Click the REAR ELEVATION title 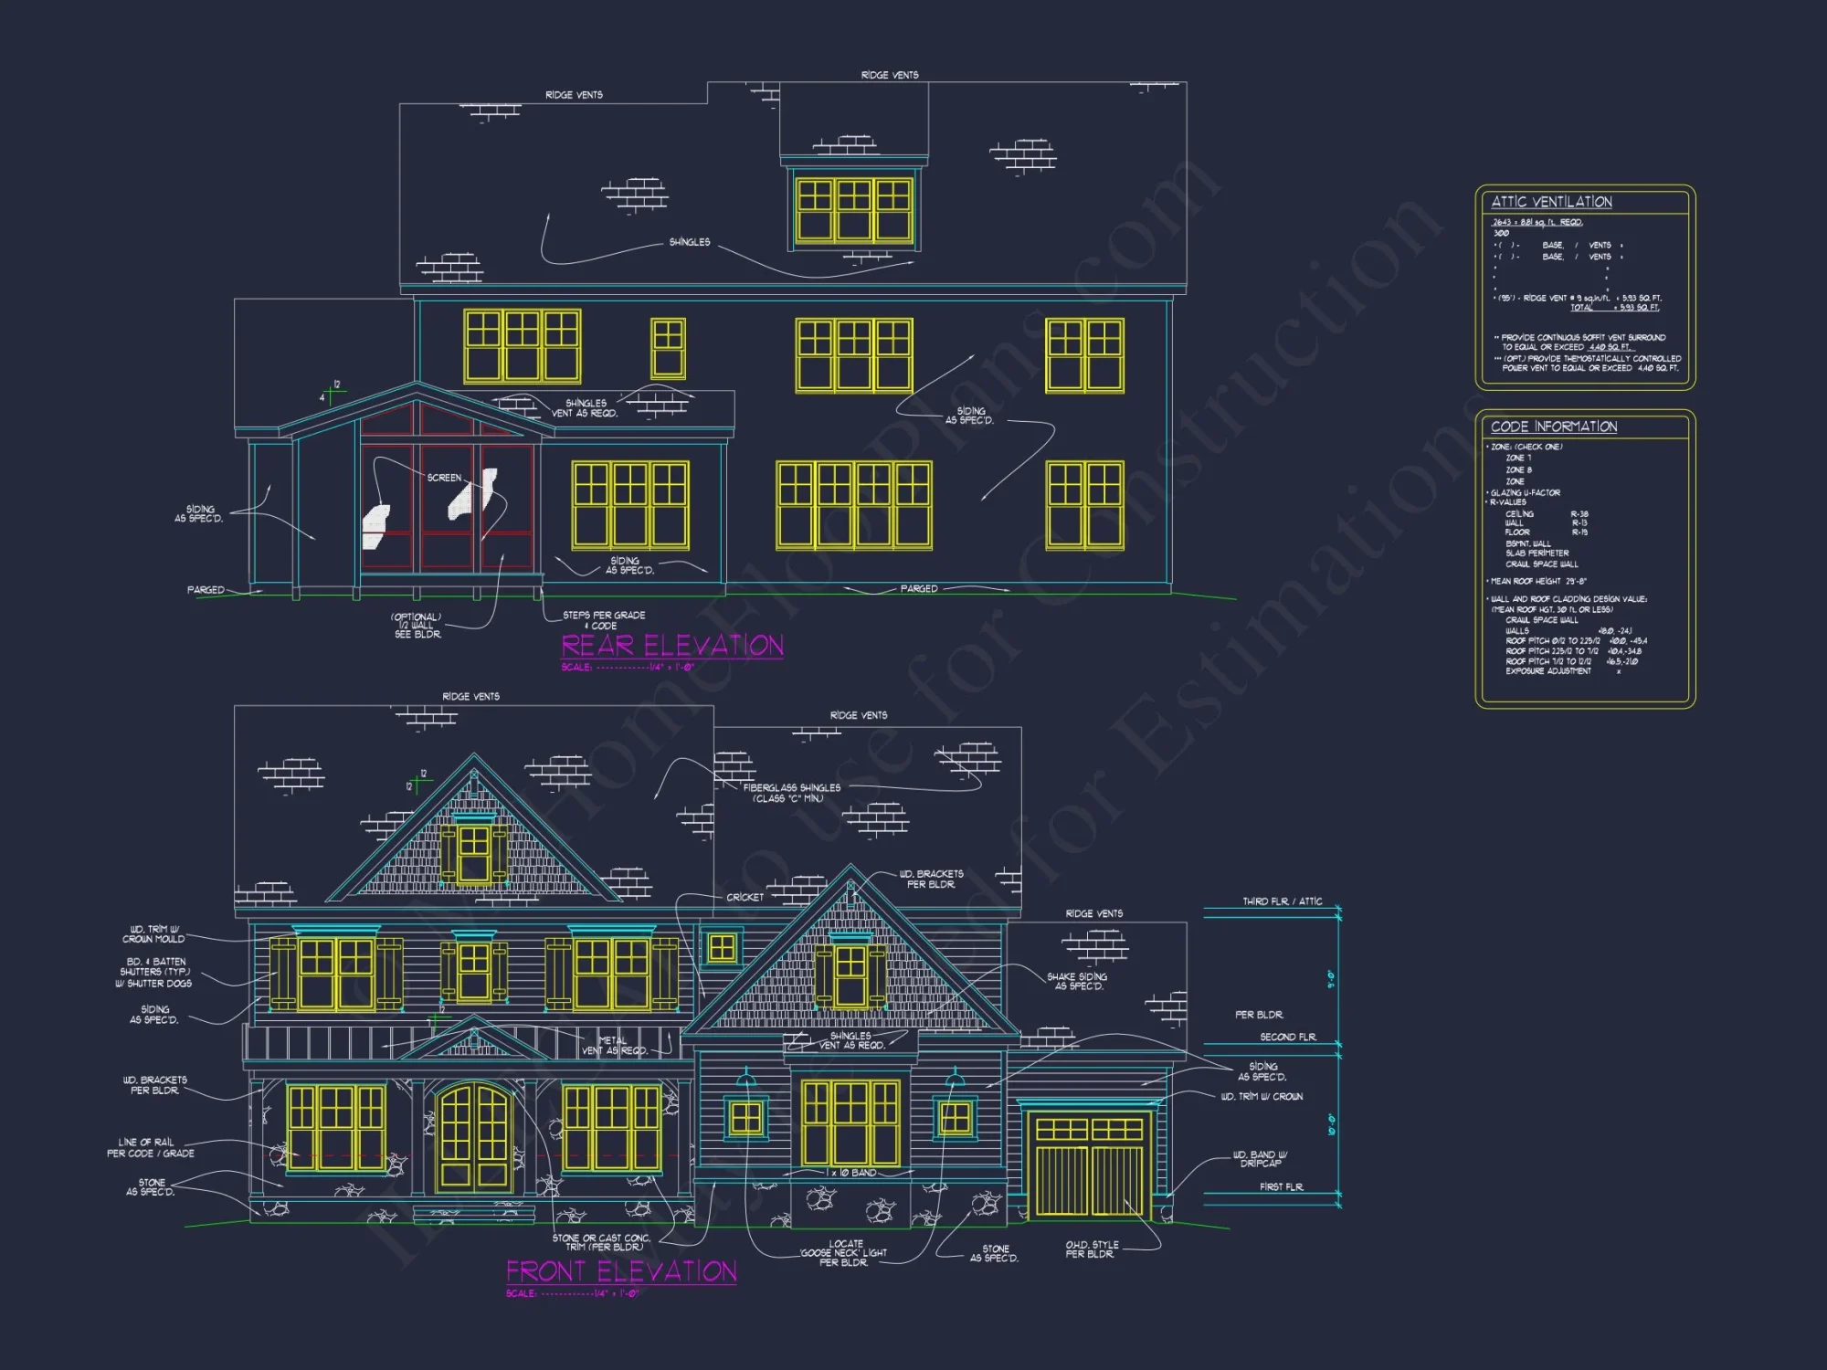pos(671,647)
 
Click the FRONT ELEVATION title pos(621,1271)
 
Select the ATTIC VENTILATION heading pos(1551,202)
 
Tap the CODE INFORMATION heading pos(1553,427)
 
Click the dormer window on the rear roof pos(853,210)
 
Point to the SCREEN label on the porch pos(444,478)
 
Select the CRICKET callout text pos(745,897)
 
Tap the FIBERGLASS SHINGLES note pos(791,793)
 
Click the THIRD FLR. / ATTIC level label pos(1282,901)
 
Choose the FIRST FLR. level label pos(1281,1186)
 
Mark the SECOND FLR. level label pos(1288,1037)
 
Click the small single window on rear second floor pos(668,348)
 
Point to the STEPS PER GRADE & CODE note pos(603,620)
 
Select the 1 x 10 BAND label pos(850,1173)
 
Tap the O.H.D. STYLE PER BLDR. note pos(1091,1249)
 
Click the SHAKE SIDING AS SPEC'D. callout pos(1077,981)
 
